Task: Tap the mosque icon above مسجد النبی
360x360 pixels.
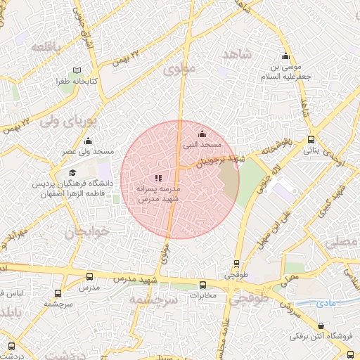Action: [x=202, y=134]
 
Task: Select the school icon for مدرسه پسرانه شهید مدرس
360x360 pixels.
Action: [x=158, y=178]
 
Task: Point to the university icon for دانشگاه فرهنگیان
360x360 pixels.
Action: [x=72, y=172]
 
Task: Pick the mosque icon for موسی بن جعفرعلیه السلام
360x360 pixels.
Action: [x=285, y=57]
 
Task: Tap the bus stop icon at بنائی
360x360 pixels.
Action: [x=311, y=139]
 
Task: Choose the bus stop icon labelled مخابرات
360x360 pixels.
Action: [x=203, y=285]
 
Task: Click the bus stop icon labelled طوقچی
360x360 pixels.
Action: [x=236, y=264]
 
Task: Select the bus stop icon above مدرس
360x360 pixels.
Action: [x=89, y=277]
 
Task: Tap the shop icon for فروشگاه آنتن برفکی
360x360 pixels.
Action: [x=321, y=326]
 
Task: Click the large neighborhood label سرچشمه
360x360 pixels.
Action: [x=152, y=300]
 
